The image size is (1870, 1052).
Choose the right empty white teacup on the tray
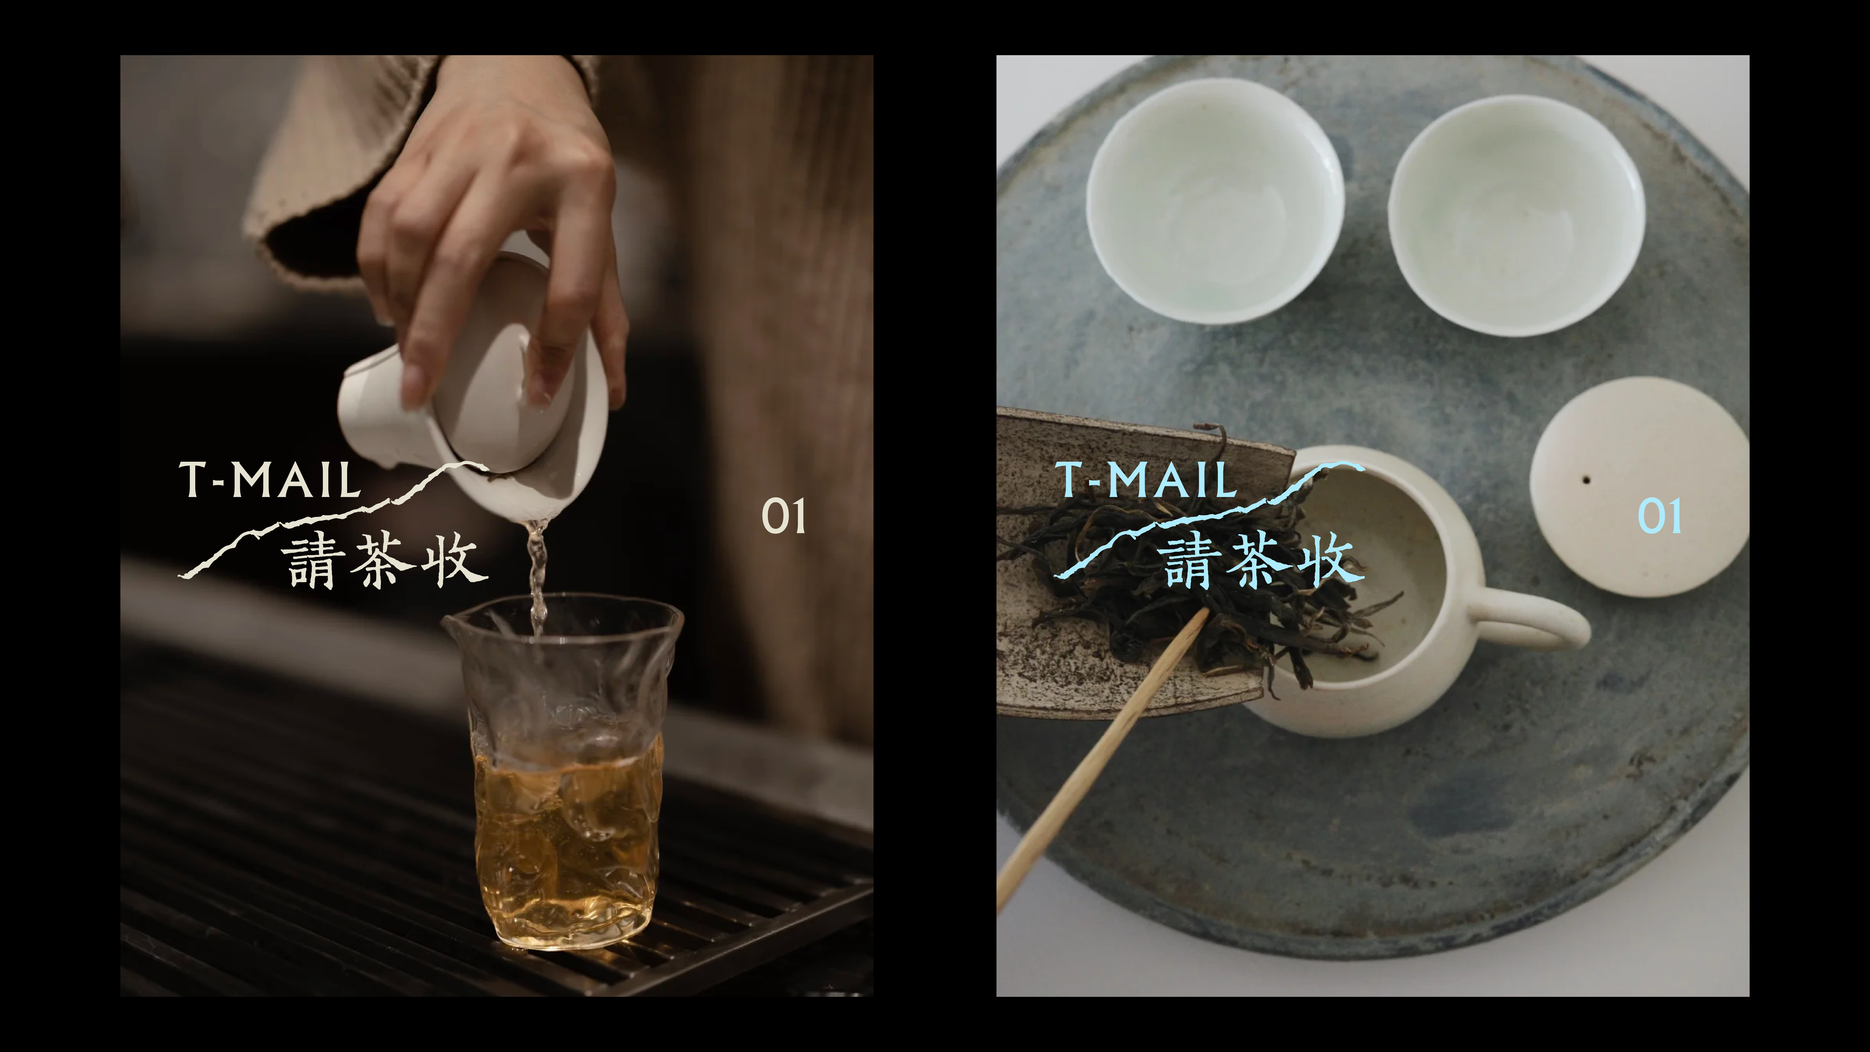[1517, 216]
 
